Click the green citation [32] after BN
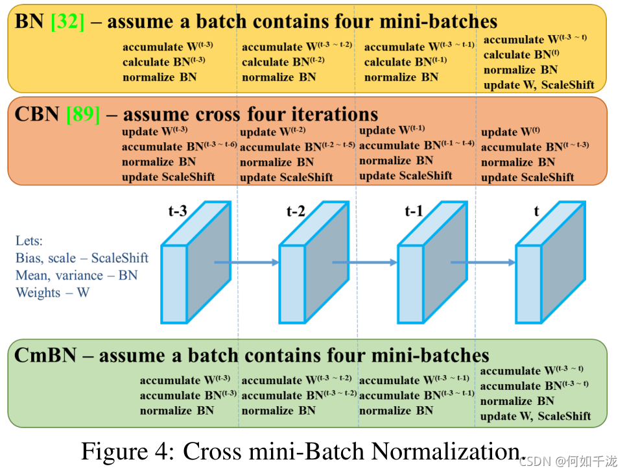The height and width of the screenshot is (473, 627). (67, 21)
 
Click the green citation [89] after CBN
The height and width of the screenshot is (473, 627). (83, 115)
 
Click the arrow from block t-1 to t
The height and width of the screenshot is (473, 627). (483, 262)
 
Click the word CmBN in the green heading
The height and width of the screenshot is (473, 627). (45, 355)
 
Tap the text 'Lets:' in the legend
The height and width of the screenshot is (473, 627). (29, 241)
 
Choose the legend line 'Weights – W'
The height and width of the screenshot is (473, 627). (53, 293)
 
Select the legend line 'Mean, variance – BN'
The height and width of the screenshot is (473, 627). (77, 275)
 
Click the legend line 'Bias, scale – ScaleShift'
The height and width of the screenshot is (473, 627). (82, 258)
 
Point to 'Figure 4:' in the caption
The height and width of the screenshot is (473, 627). (127, 452)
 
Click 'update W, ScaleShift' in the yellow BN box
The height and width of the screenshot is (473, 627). (538, 85)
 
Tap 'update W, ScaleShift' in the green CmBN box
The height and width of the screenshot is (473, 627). (535, 416)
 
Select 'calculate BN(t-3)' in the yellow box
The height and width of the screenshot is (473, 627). (163, 62)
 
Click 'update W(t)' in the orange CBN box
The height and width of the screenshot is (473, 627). (510, 132)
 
